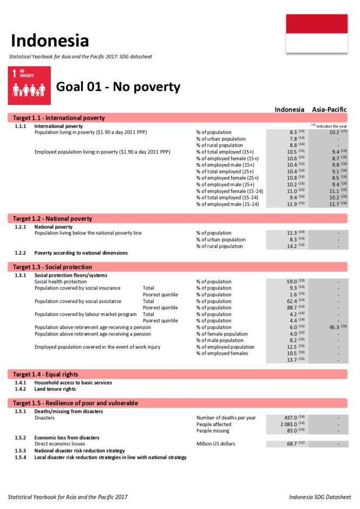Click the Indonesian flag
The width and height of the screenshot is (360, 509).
pos(317,34)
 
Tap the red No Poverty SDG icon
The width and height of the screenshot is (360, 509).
pos(29,86)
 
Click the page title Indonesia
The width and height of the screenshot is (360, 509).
pos(50,41)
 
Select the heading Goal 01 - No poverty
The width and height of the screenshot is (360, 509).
pos(118,87)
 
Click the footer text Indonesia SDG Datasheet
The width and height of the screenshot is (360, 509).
pos(319,497)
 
